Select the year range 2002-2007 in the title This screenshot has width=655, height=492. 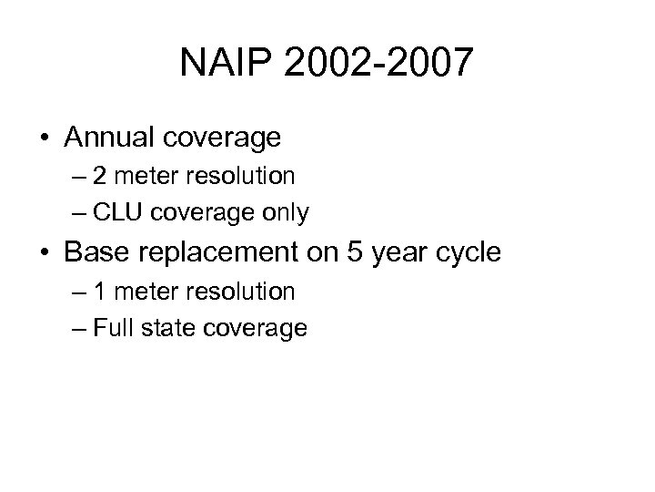[378, 63]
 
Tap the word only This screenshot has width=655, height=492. [286, 213]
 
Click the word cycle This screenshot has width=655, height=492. [468, 251]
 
